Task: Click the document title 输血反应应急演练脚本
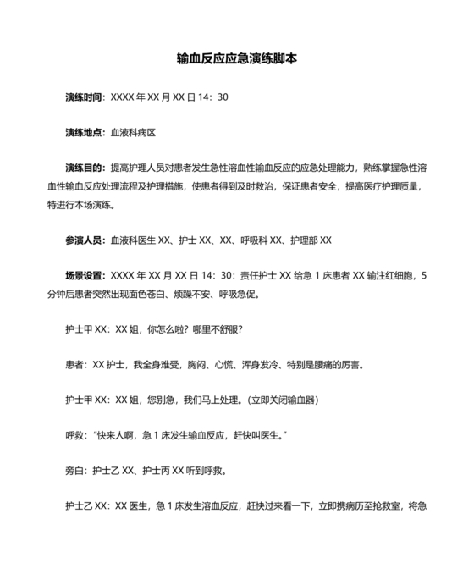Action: pos(237,60)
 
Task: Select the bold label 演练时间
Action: pos(84,97)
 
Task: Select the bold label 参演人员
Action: pos(84,240)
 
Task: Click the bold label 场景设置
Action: pos(84,275)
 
